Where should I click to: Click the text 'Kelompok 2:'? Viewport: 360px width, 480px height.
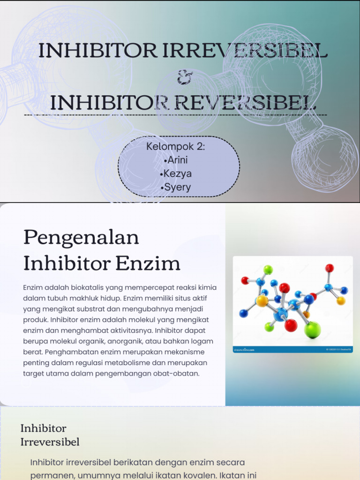[x=176, y=146]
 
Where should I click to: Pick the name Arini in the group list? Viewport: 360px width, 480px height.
[x=176, y=160]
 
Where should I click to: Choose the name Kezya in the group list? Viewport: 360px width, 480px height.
[x=176, y=174]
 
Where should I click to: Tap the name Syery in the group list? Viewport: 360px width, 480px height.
[x=176, y=187]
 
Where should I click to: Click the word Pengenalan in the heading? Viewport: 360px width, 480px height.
[x=81, y=238]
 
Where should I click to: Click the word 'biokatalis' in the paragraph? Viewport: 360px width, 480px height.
[x=87, y=287]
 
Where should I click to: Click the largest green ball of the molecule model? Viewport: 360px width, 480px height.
[x=312, y=330]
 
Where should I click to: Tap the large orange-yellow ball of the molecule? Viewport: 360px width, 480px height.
[x=262, y=300]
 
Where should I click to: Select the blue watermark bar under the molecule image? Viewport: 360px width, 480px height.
[x=292, y=349]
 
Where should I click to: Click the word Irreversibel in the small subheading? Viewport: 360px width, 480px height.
[x=50, y=442]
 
